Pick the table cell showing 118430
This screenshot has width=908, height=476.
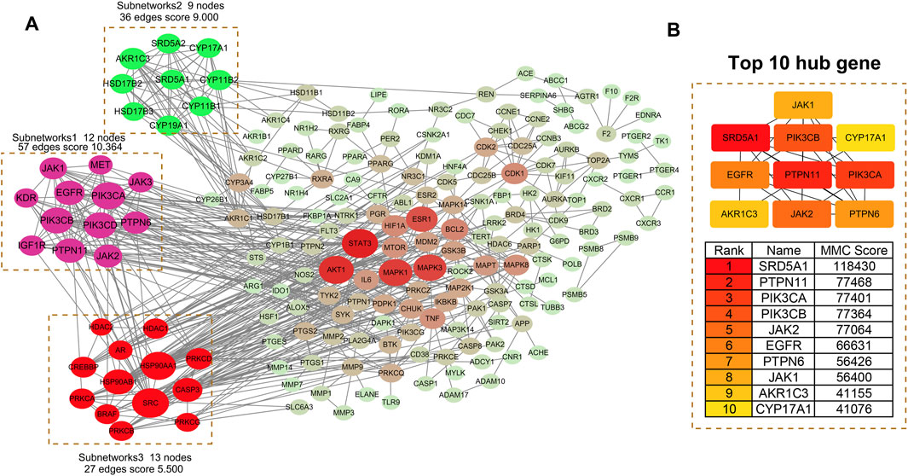[x=853, y=267]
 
